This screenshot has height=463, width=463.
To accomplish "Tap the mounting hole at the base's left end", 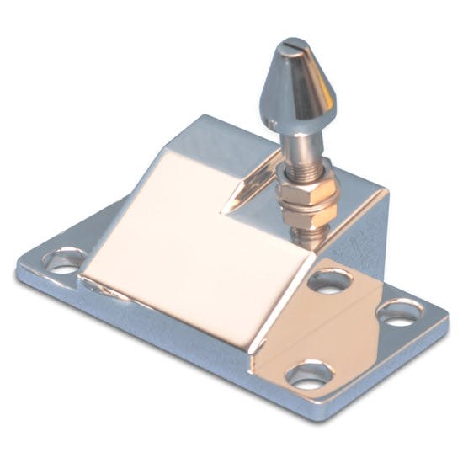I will coord(64,258).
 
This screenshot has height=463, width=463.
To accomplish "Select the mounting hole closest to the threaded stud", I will coord(328,279).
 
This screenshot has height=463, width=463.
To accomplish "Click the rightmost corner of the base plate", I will coord(447,324).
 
